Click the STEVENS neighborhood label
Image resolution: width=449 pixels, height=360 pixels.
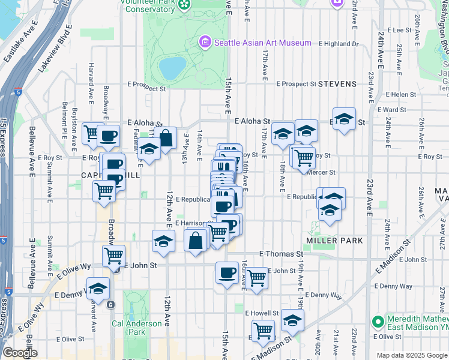coord(337,84)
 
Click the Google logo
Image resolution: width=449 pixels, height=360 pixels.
coord(20,353)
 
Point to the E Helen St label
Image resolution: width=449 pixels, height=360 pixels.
coord(402,95)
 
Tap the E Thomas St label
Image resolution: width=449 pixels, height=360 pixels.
coord(281,254)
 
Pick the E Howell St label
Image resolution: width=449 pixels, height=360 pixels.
coord(261,313)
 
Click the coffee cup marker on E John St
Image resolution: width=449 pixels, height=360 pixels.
coord(227,272)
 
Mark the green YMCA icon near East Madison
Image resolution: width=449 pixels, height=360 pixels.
coord(378,322)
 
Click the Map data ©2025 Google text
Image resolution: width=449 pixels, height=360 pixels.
coord(411,355)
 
